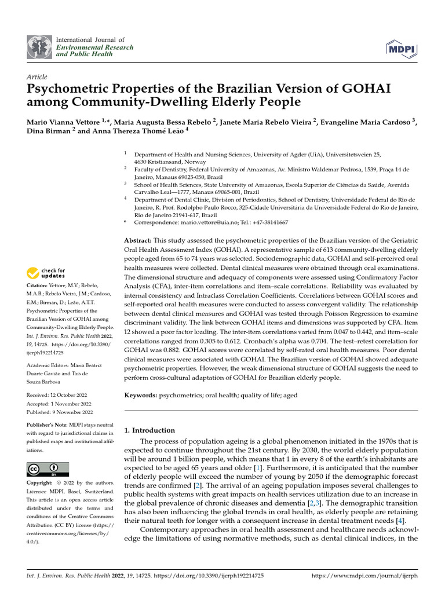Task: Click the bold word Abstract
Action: (138, 240)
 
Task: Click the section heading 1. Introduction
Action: (149, 430)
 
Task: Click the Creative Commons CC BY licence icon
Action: (48, 468)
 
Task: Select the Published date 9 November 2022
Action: (60, 412)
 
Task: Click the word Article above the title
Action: (37, 77)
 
